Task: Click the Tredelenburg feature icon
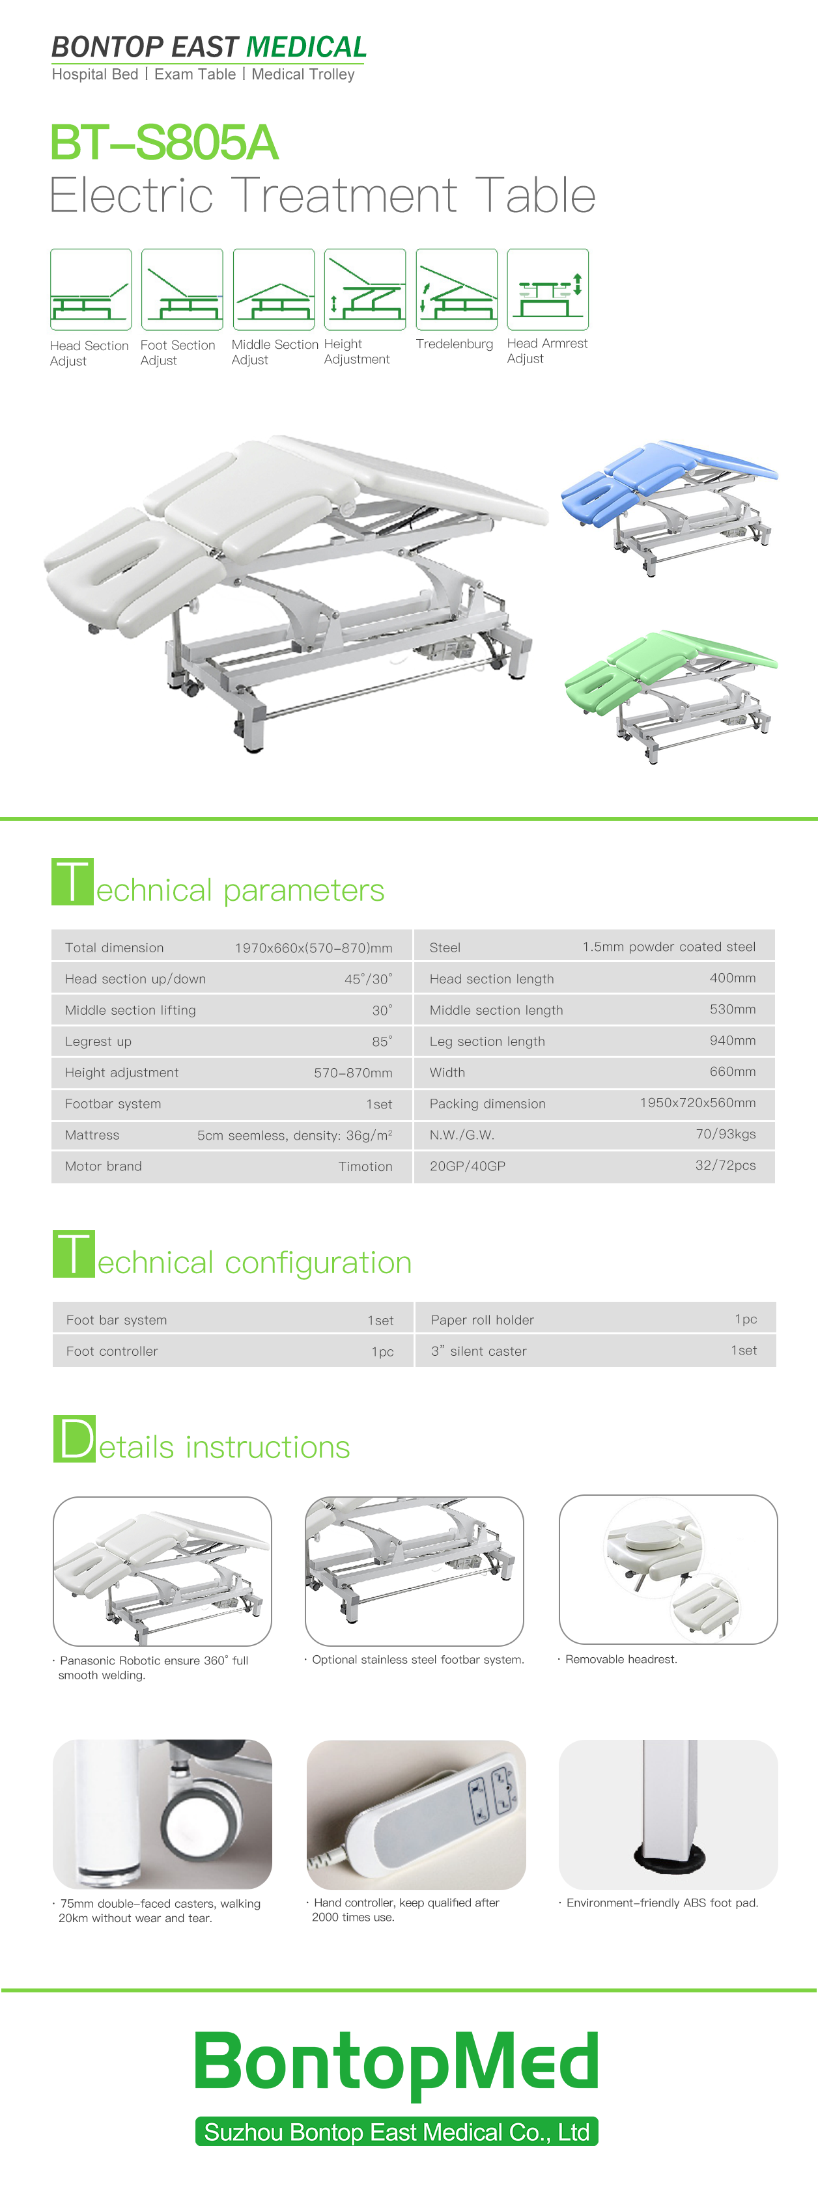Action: point(456,290)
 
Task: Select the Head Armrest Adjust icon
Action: point(548,290)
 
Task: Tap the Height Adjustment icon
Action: point(365,290)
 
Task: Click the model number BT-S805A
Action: point(164,143)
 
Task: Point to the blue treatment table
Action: point(668,507)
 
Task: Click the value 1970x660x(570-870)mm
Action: point(313,948)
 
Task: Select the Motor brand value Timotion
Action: point(365,1166)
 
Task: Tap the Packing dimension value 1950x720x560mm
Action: point(698,1103)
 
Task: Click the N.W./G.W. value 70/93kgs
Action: point(726,1135)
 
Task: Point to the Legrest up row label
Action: point(98,1041)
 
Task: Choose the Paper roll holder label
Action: point(483,1320)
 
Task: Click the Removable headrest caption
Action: point(621,1660)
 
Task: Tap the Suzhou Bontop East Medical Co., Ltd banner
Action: point(397,2132)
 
